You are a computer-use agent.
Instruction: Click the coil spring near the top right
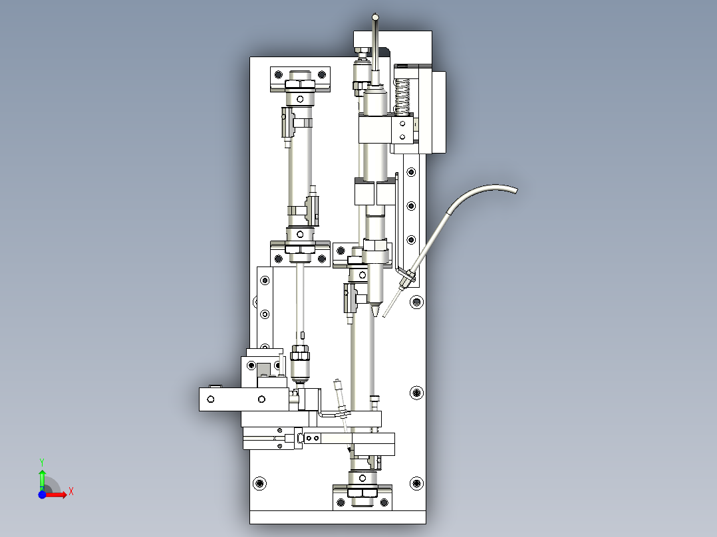(x=402, y=96)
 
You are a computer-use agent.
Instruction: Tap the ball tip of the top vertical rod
(x=375, y=17)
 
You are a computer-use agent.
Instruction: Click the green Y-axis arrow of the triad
(x=42, y=479)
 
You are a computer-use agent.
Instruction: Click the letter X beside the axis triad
(x=71, y=492)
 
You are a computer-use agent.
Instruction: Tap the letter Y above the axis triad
(x=42, y=463)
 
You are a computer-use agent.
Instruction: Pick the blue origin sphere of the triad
(x=42, y=494)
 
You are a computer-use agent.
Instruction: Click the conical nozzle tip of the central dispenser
(x=375, y=311)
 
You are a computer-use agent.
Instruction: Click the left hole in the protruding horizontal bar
(x=211, y=399)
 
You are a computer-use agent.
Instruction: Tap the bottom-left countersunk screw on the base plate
(x=259, y=483)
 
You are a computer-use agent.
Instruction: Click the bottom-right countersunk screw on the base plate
(x=416, y=483)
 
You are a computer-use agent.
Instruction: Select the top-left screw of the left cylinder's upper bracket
(x=278, y=74)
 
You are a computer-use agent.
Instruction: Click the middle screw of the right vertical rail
(x=411, y=206)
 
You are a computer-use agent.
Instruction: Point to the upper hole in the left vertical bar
(x=265, y=280)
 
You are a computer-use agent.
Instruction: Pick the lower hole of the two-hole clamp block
(x=402, y=136)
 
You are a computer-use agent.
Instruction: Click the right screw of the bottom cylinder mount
(x=384, y=502)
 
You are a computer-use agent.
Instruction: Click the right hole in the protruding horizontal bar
(x=261, y=399)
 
